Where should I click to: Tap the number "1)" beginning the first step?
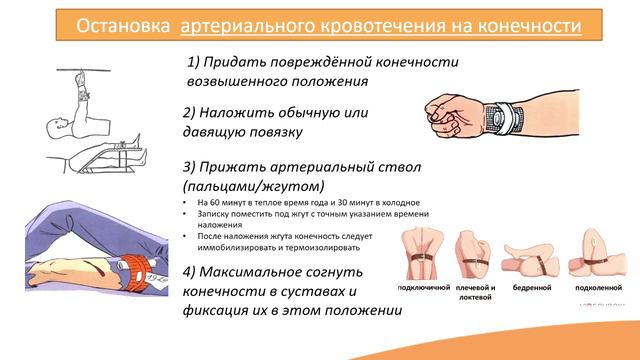pos(196,62)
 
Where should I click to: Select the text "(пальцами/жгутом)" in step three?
pos(254,186)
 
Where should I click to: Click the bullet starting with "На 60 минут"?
pos(300,203)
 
